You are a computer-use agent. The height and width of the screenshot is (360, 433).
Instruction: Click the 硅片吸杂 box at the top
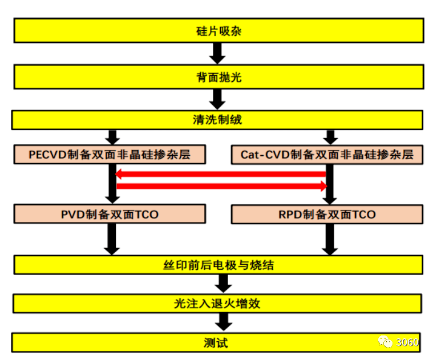point(218,30)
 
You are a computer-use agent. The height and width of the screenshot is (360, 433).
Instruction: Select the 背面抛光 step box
point(218,76)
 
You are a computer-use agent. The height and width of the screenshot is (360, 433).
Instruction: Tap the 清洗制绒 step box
point(218,120)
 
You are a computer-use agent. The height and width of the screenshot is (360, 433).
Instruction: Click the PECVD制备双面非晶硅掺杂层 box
point(109,154)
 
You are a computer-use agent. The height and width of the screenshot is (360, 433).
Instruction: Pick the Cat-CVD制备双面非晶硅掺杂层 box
point(327,154)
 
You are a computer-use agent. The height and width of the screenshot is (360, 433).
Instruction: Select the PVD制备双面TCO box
point(109,214)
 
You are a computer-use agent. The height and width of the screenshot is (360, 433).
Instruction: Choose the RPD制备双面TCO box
point(327,214)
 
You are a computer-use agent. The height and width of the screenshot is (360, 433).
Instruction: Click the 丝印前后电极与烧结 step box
point(218,265)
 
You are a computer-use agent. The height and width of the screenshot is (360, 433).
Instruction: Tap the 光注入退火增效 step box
point(218,304)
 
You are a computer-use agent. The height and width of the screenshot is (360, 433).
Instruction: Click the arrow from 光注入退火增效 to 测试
point(223,322)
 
